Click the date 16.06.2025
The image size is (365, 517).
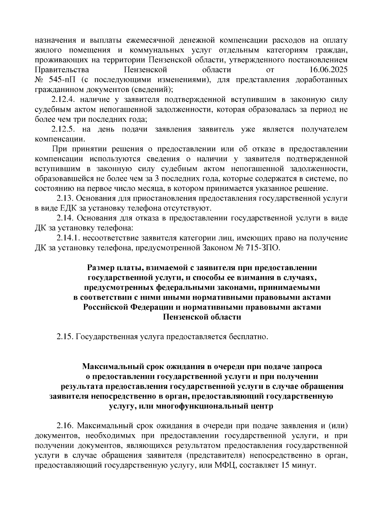[x=328, y=70]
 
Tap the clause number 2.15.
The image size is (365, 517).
[x=65, y=337]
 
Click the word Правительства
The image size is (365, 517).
[x=62, y=70]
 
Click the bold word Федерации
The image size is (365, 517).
[x=152, y=307]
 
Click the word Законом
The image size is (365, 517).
[x=219, y=248]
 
